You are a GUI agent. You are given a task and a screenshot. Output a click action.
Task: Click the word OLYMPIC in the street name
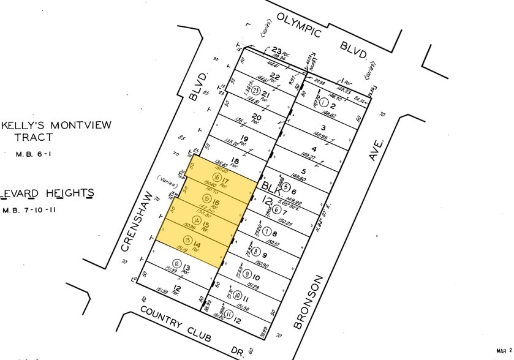click(298, 25)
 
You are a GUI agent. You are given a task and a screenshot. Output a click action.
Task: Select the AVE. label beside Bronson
click(376, 149)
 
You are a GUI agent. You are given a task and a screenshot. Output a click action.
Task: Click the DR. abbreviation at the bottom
click(252, 353)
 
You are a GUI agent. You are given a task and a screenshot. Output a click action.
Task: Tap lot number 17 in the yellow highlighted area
click(225, 181)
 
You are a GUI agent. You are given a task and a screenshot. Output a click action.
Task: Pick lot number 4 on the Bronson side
click(313, 149)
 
